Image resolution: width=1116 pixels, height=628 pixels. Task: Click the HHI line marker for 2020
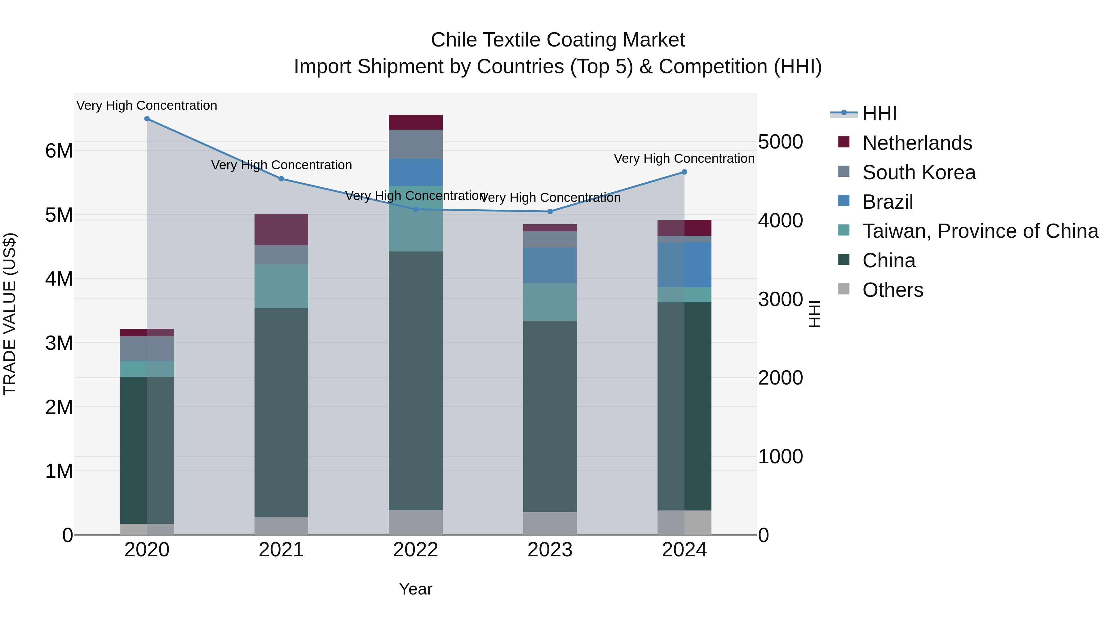(147, 119)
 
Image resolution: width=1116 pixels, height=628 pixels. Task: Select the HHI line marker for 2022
(415, 209)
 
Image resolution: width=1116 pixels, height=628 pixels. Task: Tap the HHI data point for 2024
(684, 172)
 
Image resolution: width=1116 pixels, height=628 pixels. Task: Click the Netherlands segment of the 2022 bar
(415, 122)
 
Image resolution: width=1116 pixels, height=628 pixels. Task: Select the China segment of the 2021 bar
(281, 412)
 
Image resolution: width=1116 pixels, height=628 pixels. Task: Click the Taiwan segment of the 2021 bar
(281, 286)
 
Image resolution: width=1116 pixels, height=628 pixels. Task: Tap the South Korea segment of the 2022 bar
(415, 144)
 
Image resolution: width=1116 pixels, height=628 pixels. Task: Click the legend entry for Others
(892, 290)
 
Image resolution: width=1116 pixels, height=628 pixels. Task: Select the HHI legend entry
(879, 114)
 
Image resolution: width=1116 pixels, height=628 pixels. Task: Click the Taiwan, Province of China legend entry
(980, 231)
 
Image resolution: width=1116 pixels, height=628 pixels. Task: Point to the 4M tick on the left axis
(59, 279)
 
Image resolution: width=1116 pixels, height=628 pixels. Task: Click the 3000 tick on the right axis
(780, 299)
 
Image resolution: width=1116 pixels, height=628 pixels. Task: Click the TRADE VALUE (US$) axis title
(10, 314)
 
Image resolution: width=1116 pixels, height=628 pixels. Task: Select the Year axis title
(415, 589)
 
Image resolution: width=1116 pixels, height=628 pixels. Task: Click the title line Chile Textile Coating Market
(558, 40)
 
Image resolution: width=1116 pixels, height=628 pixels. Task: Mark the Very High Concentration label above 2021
(281, 165)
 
